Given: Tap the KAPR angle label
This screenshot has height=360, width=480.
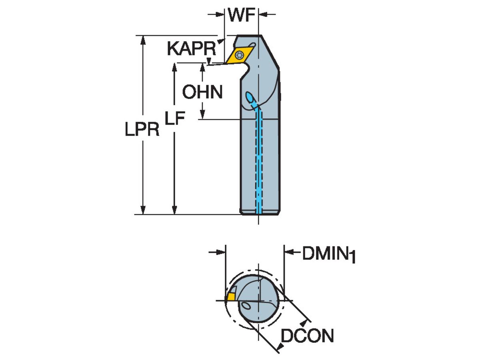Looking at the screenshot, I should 191,49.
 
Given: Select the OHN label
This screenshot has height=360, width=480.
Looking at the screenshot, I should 202,92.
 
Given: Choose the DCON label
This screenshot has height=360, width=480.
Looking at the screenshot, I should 307,336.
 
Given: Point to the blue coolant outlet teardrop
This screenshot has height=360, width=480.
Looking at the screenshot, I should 250,97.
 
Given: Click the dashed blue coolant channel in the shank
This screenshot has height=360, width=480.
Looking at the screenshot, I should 259,160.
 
